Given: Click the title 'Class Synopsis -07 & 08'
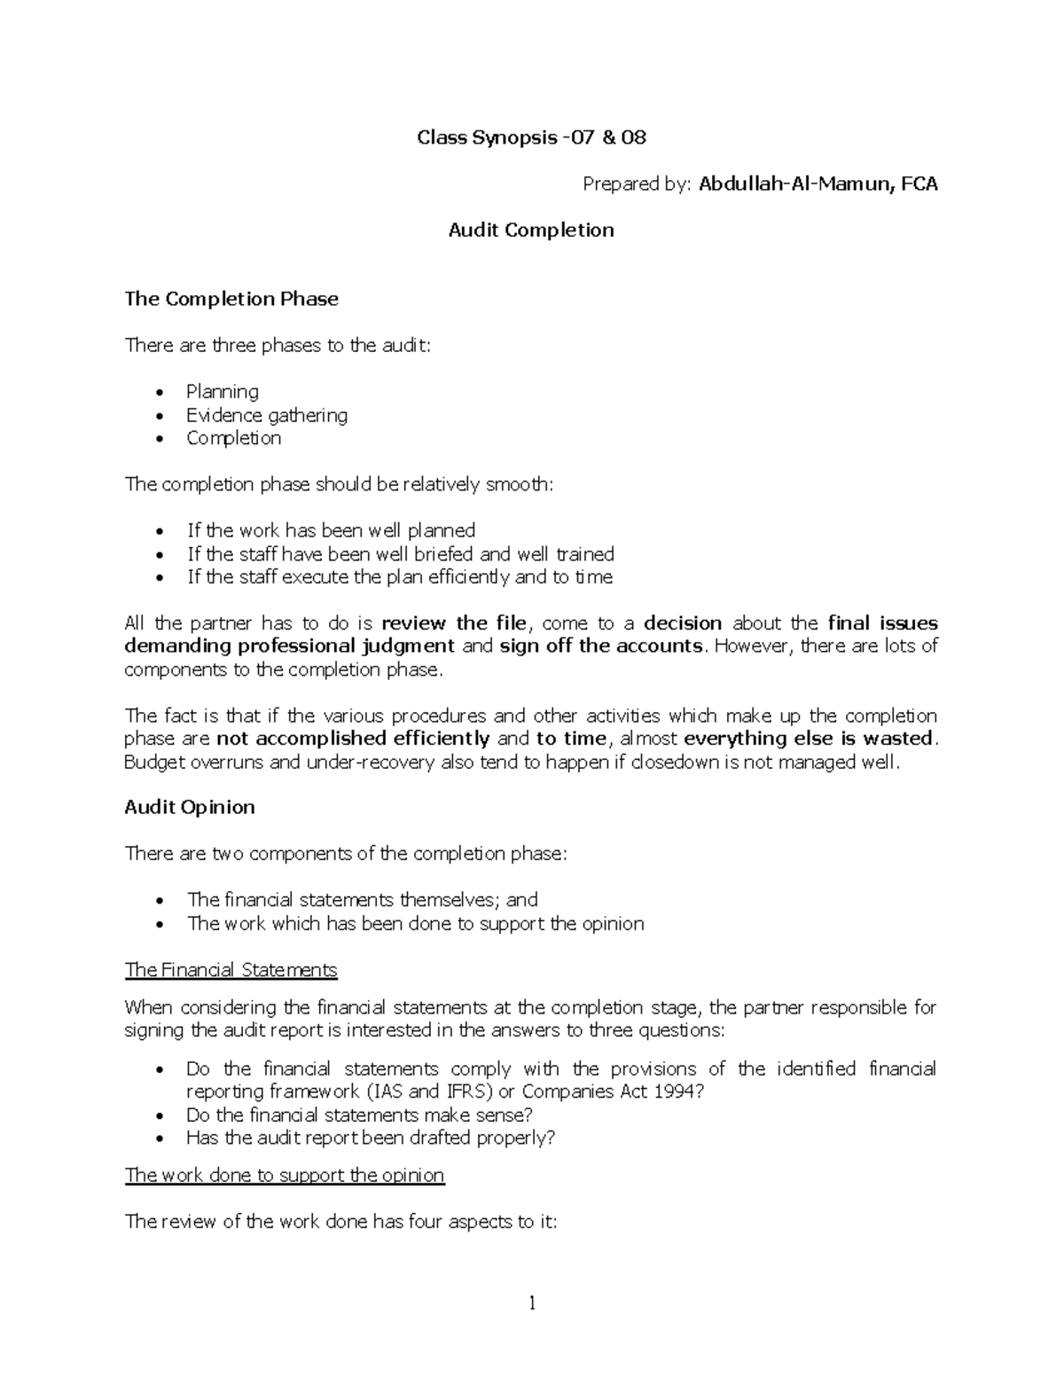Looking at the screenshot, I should pyautogui.click(x=531, y=137).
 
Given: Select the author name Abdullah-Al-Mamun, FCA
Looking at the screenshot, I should pyautogui.click(x=818, y=184).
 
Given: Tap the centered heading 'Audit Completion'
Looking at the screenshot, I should pyautogui.click(x=531, y=231).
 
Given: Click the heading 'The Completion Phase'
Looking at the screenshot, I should pyautogui.click(x=231, y=299).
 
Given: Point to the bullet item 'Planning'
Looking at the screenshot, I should pyautogui.click(x=223, y=392).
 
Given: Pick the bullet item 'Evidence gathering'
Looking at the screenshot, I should pyautogui.click(x=267, y=415).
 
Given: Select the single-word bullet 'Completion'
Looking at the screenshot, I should pyautogui.click(x=234, y=438).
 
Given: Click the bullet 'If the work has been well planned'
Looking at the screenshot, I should pyautogui.click(x=331, y=531).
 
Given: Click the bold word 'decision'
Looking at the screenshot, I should pyautogui.click(x=683, y=623).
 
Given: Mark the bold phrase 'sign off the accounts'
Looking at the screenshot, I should pyautogui.click(x=600, y=646).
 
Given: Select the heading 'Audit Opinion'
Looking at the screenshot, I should pyautogui.click(x=190, y=808).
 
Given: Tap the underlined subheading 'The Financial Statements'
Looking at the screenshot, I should pyautogui.click(x=231, y=970).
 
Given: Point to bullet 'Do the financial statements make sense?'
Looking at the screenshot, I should pyautogui.click(x=359, y=1115).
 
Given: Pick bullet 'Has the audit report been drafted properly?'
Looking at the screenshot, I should pyautogui.click(x=371, y=1138).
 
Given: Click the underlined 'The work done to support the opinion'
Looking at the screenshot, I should pyautogui.click(x=285, y=1176).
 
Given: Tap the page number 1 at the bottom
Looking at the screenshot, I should pyautogui.click(x=532, y=1303).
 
